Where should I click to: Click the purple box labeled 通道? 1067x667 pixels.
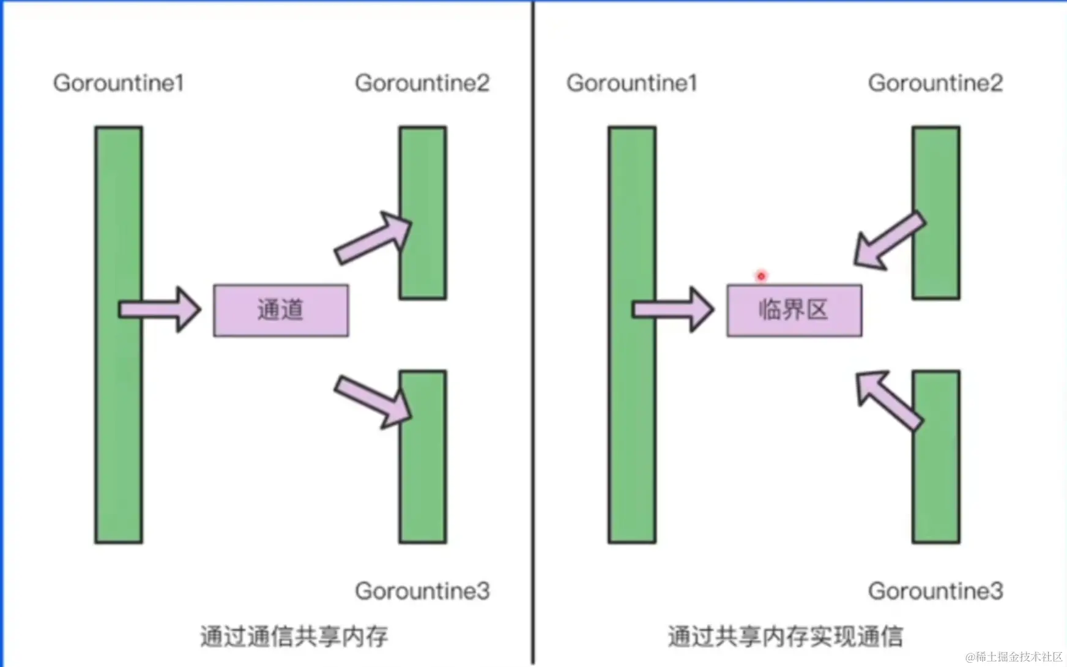pyautogui.click(x=281, y=310)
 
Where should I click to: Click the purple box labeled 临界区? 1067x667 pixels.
pyautogui.click(x=794, y=310)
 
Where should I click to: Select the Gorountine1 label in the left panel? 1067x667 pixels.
pyautogui.click(x=119, y=83)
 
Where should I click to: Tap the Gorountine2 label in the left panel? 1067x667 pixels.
pyautogui.click(x=422, y=83)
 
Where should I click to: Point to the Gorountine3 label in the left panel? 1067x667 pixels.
pyautogui.click(x=422, y=591)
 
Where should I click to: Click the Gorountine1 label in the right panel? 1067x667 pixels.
pyautogui.click(x=632, y=83)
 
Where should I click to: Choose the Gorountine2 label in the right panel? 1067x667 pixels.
pyautogui.click(x=935, y=83)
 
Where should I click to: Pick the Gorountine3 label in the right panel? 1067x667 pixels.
pyautogui.click(x=935, y=591)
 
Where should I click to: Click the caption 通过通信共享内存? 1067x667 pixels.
pyautogui.click(x=294, y=636)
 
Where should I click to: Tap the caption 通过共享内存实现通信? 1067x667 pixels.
pyautogui.click(x=785, y=636)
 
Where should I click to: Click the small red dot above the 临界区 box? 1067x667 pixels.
pyautogui.click(x=761, y=276)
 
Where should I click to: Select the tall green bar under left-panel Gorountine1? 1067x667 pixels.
pyautogui.click(x=119, y=428)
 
